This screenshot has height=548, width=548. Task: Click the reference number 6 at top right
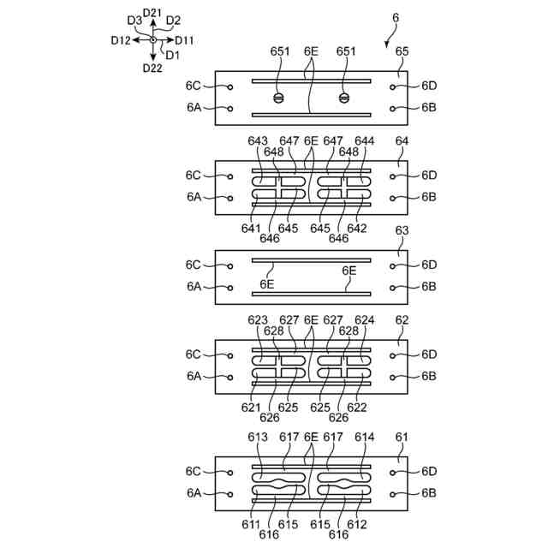(x=395, y=17)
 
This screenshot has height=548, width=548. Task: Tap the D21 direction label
(x=153, y=12)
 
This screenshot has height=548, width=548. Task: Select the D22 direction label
(x=152, y=68)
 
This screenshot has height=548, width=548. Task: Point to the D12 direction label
(x=121, y=40)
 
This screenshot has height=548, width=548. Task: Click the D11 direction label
(x=184, y=40)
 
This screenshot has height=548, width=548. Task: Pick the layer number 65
(x=402, y=51)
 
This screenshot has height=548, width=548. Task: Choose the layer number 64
(x=402, y=140)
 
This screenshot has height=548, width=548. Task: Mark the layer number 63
(x=402, y=230)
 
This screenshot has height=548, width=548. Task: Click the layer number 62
(x=402, y=320)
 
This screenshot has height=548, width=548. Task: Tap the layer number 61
(x=402, y=437)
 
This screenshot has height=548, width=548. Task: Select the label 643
(x=258, y=140)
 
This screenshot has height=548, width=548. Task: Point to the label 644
(x=364, y=140)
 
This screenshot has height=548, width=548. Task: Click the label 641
(x=251, y=228)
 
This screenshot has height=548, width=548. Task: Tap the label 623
(x=258, y=320)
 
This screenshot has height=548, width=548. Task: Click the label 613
(x=258, y=437)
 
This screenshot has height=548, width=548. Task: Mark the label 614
(x=364, y=437)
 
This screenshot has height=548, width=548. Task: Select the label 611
(x=251, y=523)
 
